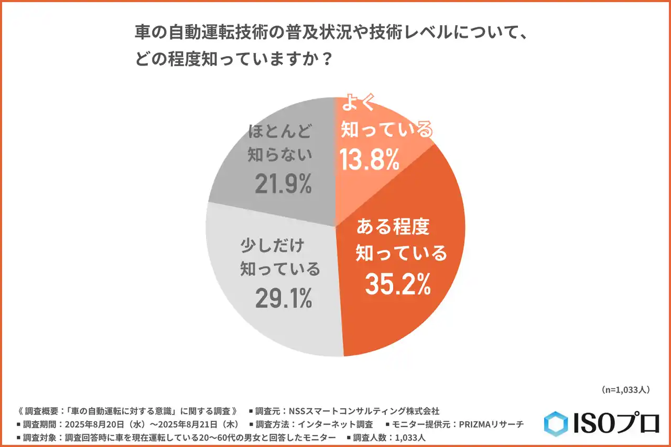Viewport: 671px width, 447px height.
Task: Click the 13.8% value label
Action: (x=370, y=159)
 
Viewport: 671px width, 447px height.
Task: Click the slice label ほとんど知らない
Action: (x=281, y=143)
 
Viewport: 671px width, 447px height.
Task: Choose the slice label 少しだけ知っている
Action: (x=280, y=257)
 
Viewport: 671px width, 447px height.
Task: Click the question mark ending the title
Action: (x=325, y=59)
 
